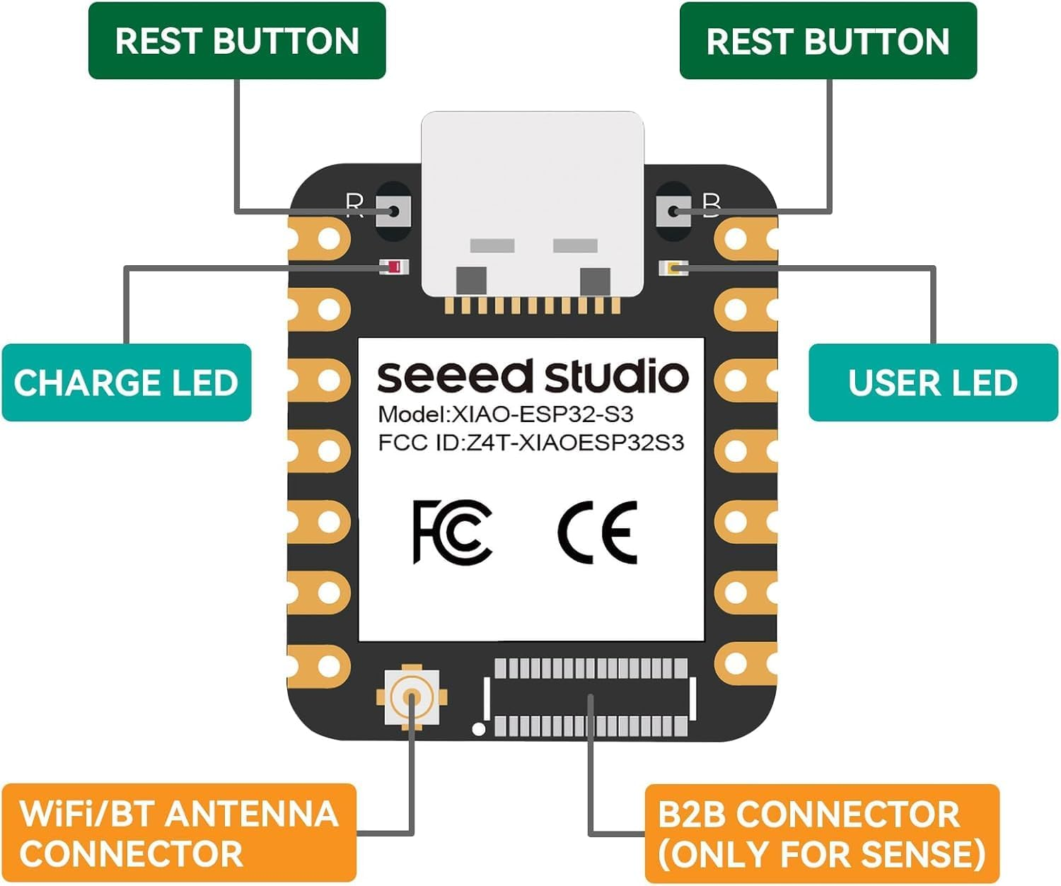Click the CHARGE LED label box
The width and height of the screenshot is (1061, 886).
point(127,383)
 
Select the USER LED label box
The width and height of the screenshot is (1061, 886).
point(932,383)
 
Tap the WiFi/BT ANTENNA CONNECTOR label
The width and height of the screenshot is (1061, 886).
point(178,833)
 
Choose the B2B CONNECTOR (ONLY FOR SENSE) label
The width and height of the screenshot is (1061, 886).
point(821,834)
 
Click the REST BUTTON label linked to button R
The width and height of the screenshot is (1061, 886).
point(237,41)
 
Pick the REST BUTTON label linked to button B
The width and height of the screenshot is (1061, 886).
point(828,41)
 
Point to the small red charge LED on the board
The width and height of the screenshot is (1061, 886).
point(394,267)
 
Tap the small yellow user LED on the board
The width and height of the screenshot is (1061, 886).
point(672,268)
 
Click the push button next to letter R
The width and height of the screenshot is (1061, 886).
point(393,211)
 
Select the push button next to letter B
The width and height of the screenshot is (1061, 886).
point(673,211)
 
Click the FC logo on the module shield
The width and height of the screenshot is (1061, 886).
point(451,532)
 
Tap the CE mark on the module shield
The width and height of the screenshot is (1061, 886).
point(598,532)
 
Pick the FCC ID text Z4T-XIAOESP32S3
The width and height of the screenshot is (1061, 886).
point(576,443)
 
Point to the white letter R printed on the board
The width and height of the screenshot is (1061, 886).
point(354,205)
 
